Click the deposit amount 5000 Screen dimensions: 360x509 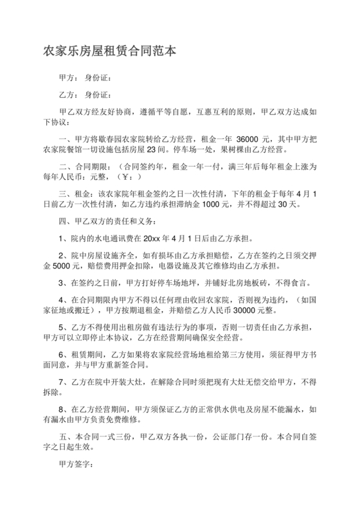[77, 266]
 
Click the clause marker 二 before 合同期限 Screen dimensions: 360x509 [62, 166]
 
